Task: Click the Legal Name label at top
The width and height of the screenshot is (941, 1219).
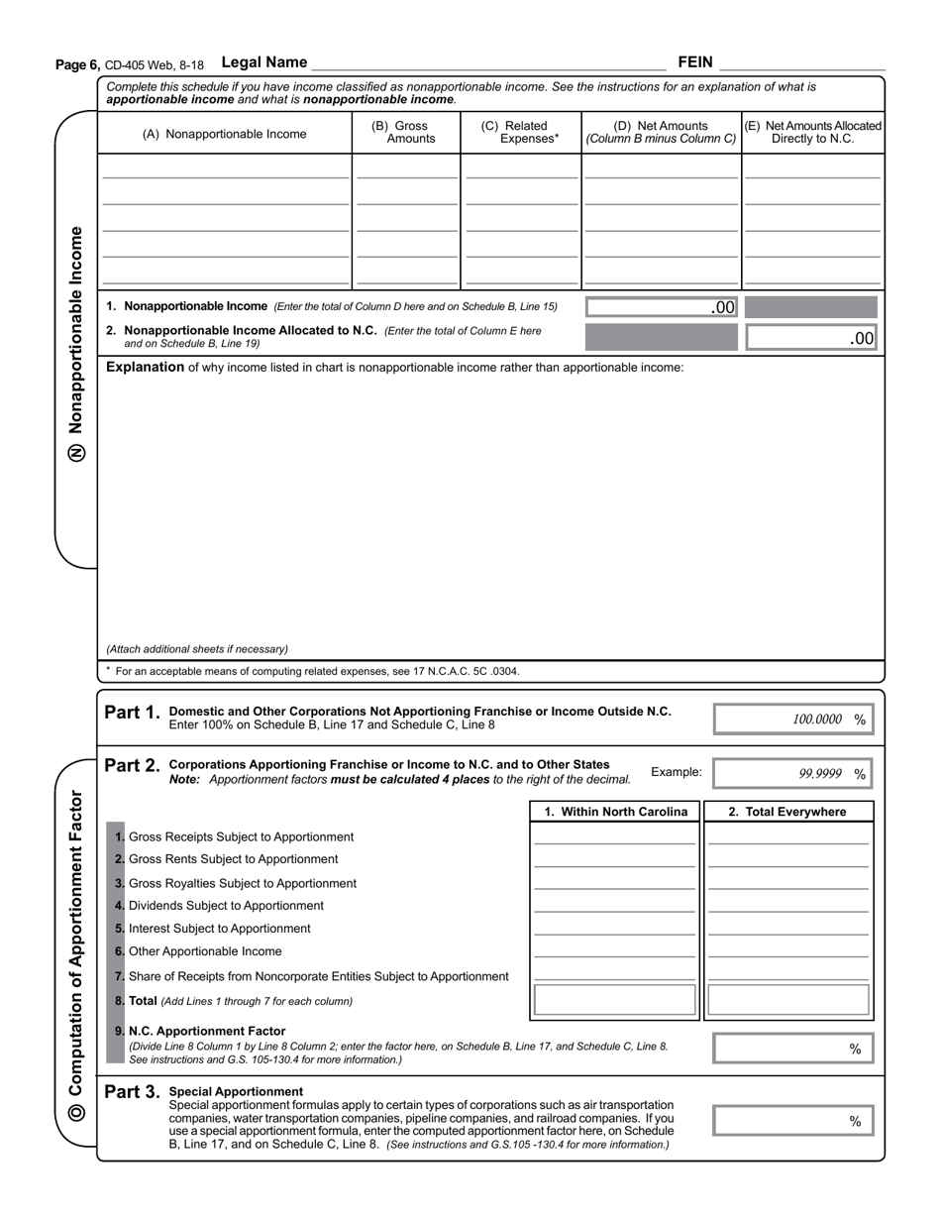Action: [264, 62]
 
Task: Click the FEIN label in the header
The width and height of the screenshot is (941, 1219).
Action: [694, 62]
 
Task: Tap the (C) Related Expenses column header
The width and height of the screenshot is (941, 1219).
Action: [520, 132]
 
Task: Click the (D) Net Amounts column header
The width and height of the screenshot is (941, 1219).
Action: [661, 132]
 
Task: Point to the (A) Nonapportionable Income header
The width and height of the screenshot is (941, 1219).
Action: [225, 134]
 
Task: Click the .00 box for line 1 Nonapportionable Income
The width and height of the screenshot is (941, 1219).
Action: [662, 307]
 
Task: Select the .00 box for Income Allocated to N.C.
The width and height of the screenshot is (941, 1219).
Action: [811, 338]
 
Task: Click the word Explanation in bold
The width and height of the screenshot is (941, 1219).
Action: [145, 368]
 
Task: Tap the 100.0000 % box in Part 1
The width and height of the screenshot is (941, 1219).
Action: [793, 720]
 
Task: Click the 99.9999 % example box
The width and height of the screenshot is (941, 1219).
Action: [793, 774]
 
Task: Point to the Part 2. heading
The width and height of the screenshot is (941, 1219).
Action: [132, 765]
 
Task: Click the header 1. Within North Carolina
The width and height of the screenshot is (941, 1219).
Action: [615, 812]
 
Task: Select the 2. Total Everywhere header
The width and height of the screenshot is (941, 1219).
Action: [787, 812]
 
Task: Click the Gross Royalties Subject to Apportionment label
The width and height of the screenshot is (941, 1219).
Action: [242, 883]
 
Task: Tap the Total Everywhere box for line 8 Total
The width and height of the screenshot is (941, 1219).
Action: [788, 1000]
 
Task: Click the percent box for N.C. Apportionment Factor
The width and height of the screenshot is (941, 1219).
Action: [793, 1049]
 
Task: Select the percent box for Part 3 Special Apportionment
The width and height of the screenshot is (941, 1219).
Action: [793, 1121]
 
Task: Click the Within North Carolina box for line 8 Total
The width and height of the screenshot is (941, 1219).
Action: [615, 1000]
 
